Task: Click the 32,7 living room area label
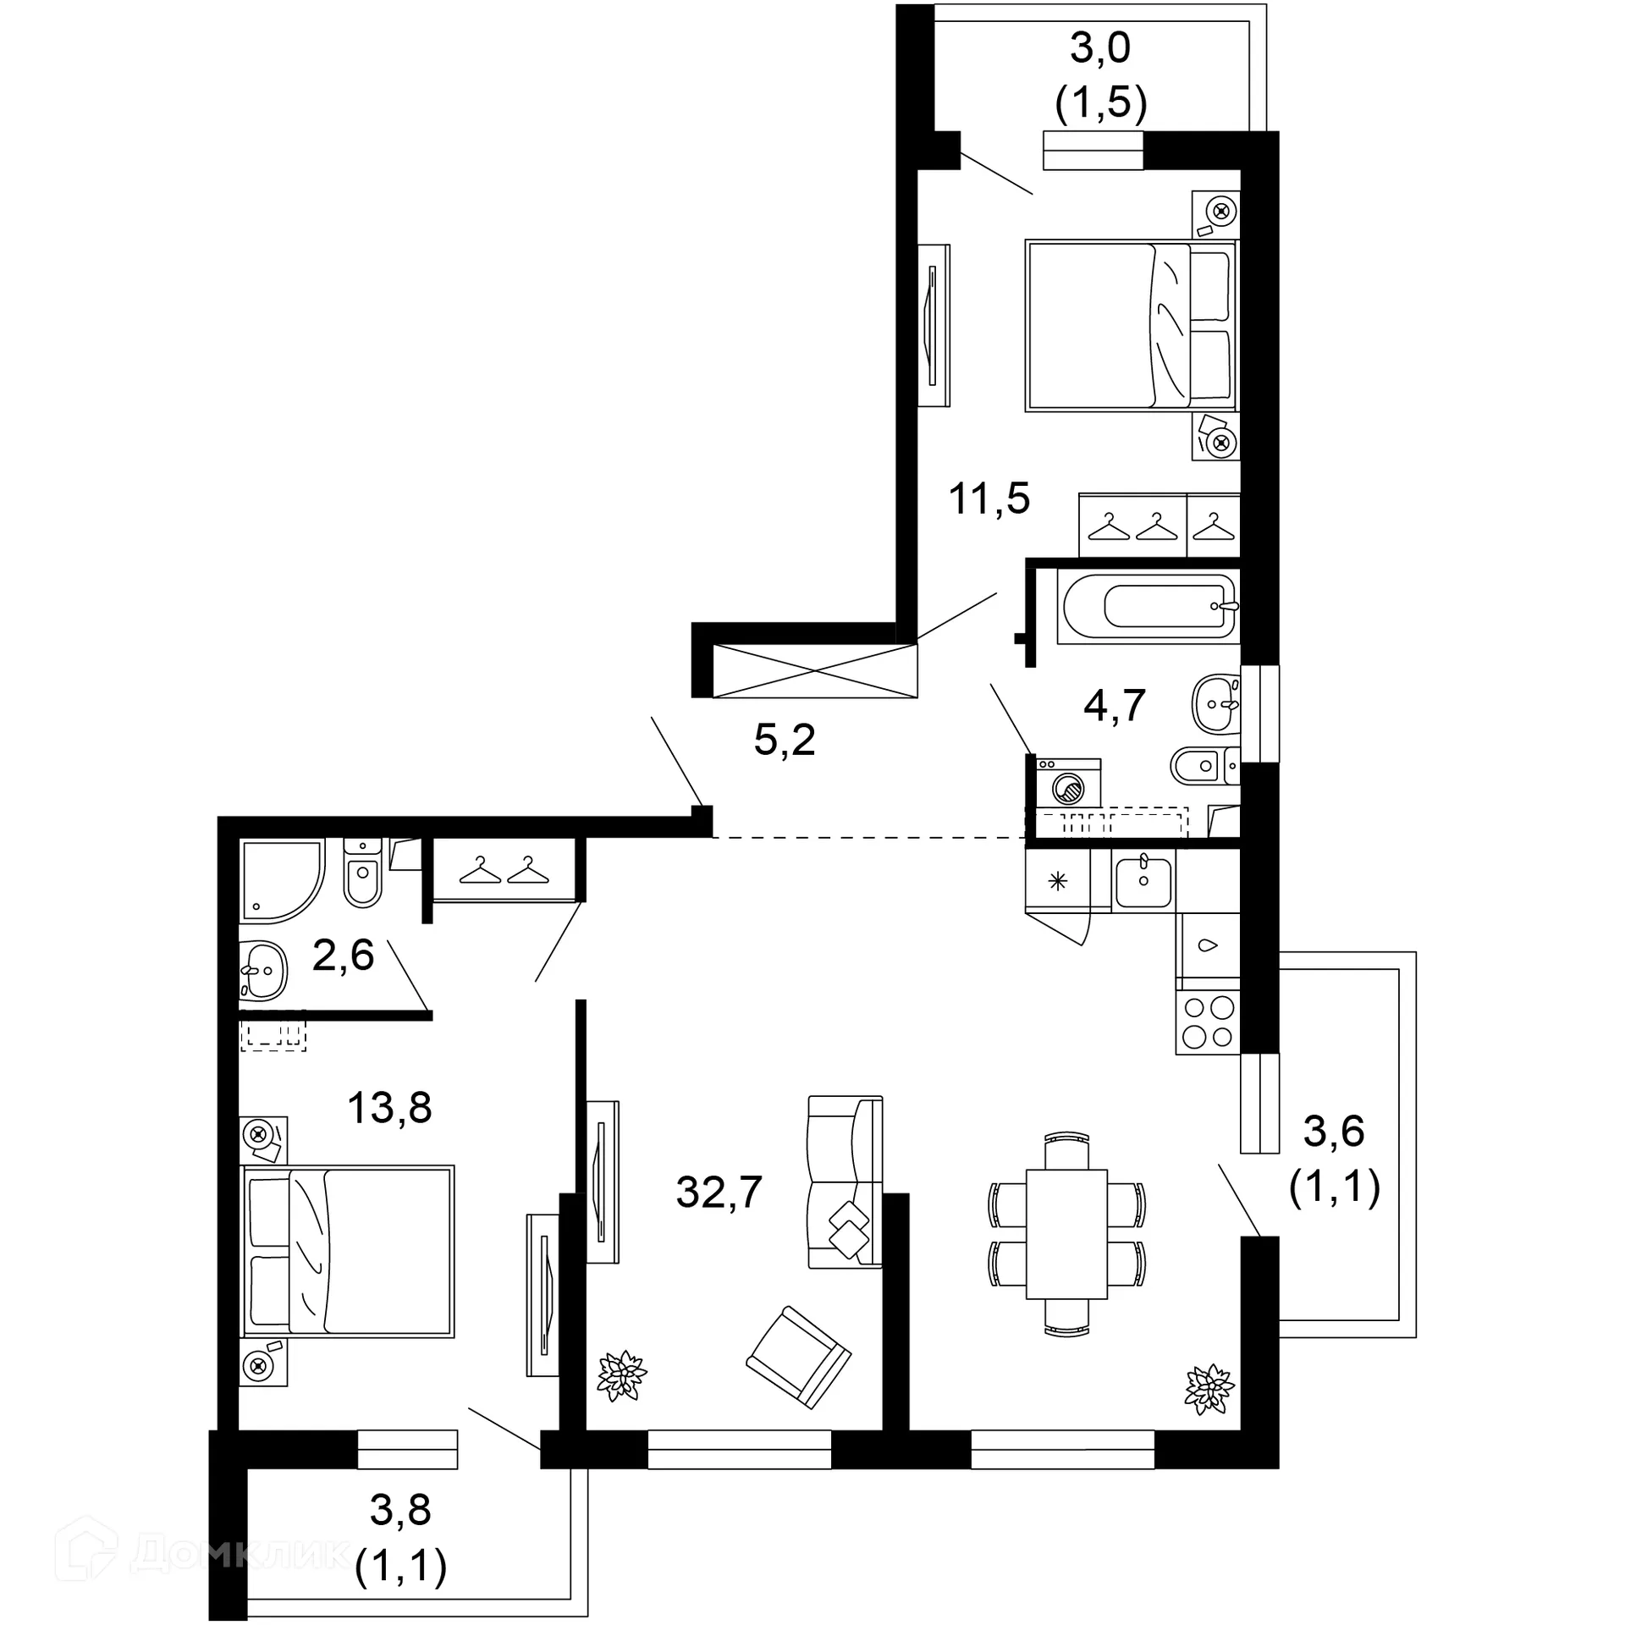(719, 1193)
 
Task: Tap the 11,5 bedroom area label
(989, 499)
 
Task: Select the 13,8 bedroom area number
(389, 1107)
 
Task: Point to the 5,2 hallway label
(784, 741)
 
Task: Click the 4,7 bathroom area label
(1114, 704)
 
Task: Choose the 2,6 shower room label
(343, 956)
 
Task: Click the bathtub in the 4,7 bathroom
(1149, 606)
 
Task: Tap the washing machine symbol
(1068, 784)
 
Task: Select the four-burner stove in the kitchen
(1208, 1022)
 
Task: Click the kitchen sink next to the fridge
(1143, 882)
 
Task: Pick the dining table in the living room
(1066, 1234)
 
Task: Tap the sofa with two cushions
(845, 1182)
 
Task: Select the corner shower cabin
(279, 879)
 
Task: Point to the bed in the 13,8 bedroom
(349, 1252)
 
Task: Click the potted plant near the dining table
(1209, 1390)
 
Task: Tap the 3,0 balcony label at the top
(1099, 48)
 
